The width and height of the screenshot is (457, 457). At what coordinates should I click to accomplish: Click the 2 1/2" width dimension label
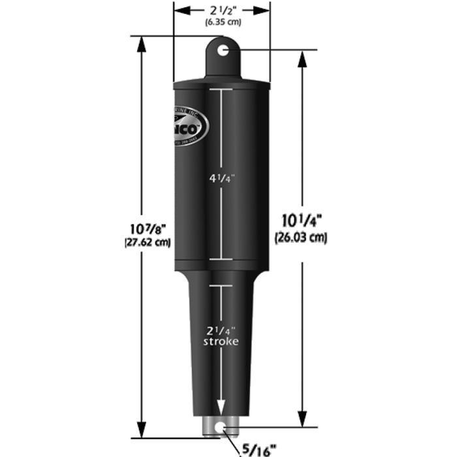click(x=221, y=10)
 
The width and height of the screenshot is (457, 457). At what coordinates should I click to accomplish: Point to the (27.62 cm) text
click(x=148, y=242)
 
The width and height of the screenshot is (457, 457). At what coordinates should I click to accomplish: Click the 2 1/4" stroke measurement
click(x=222, y=330)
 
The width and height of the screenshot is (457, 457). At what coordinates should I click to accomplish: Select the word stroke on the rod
click(x=222, y=341)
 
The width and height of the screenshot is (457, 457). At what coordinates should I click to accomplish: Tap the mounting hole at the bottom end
click(x=223, y=428)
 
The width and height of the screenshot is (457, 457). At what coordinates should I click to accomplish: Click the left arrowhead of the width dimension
click(x=178, y=10)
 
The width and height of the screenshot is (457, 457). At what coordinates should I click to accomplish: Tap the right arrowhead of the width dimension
click(x=265, y=10)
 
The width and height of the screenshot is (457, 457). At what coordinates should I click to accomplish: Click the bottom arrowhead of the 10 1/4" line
click(x=302, y=422)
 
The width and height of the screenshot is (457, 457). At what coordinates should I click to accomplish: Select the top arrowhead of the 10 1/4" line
click(x=302, y=56)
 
